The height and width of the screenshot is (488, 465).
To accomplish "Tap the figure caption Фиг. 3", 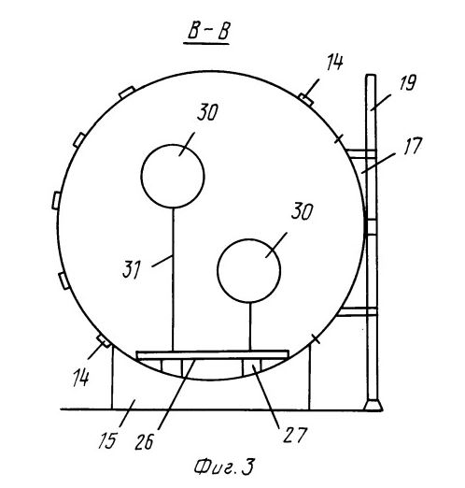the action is click(x=224, y=466).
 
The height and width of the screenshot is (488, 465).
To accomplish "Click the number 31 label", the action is click(x=132, y=269).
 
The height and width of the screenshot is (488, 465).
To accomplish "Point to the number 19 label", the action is click(x=407, y=82).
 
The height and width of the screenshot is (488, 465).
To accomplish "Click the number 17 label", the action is click(x=413, y=145).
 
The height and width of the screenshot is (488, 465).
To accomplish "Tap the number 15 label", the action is click(x=107, y=440).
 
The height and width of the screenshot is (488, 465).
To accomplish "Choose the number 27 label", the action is click(x=295, y=434).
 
